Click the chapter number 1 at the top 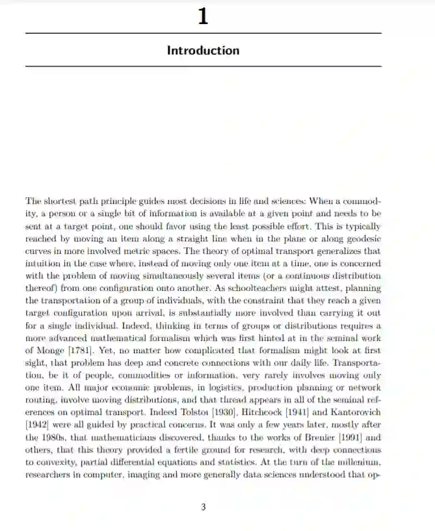[203, 18]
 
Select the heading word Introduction [203, 50]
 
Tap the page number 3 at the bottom [204, 507]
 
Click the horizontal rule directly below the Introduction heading [203, 66]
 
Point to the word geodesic [362, 240]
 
